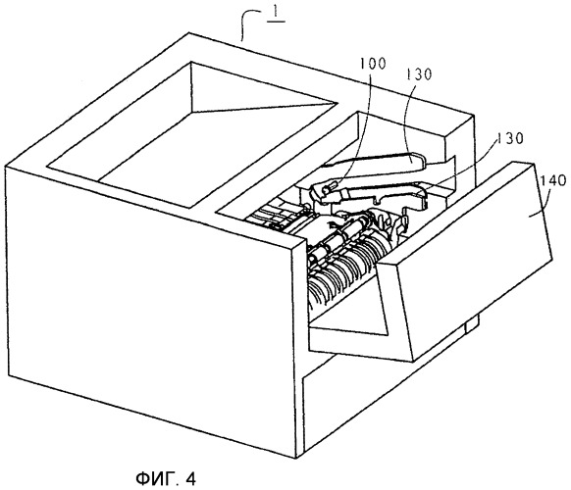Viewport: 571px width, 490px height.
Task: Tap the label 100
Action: coord(373,64)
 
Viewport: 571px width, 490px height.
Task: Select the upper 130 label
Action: coord(418,74)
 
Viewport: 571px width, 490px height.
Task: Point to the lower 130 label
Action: coord(510,138)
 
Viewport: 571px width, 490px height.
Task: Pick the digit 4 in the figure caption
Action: coord(190,478)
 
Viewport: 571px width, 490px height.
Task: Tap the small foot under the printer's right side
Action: coord(472,322)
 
